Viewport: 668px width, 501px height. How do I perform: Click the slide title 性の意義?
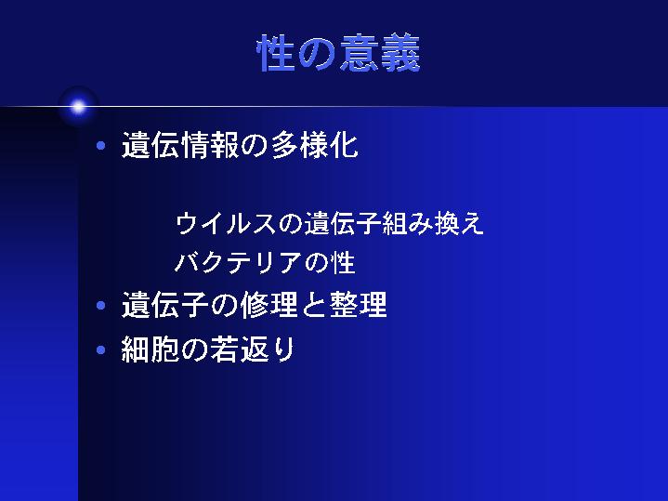[x=339, y=53]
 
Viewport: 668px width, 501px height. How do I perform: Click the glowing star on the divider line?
[x=78, y=107]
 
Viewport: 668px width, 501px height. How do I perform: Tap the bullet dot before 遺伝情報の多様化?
[x=101, y=146]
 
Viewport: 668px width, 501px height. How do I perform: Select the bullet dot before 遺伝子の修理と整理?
[x=101, y=305]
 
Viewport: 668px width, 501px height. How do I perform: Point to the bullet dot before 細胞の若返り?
[x=101, y=350]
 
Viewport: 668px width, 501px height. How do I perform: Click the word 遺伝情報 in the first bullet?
[x=180, y=145]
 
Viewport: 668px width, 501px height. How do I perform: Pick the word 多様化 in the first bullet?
[x=315, y=145]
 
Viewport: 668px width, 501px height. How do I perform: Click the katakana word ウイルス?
[x=226, y=223]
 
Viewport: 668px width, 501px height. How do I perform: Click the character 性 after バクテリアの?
[x=344, y=262]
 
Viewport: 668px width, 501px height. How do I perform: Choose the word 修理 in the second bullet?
[x=269, y=305]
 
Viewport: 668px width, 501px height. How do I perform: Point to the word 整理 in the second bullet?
[x=358, y=305]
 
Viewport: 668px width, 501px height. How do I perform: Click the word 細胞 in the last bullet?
[x=150, y=349]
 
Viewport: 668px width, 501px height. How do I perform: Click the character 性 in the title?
[x=276, y=53]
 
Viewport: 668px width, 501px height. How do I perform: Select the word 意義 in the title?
[x=380, y=53]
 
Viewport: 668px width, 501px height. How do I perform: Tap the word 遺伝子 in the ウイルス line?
[x=342, y=223]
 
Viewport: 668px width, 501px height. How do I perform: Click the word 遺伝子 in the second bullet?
[x=165, y=305]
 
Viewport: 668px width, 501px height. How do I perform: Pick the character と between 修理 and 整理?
[x=313, y=305]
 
